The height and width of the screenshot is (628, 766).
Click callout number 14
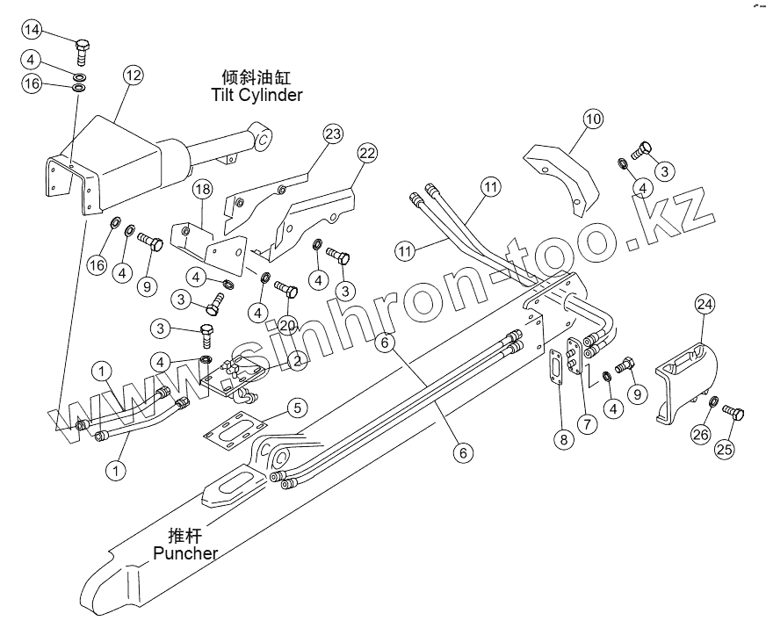coord(33,30)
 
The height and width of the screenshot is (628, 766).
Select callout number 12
coord(133,76)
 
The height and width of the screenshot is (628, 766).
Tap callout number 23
coord(333,134)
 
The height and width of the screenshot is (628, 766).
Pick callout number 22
coord(367,153)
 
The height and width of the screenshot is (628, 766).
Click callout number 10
coord(593,119)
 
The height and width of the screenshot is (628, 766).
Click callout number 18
coord(202,190)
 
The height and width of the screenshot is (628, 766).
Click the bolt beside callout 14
coord(82,50)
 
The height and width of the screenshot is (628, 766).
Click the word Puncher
coord(185,552)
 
